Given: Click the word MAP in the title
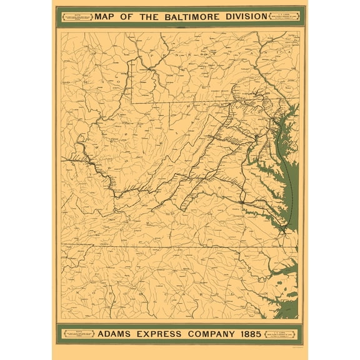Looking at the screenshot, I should point(104,16).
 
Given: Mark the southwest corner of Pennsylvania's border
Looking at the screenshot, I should point(132,101).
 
